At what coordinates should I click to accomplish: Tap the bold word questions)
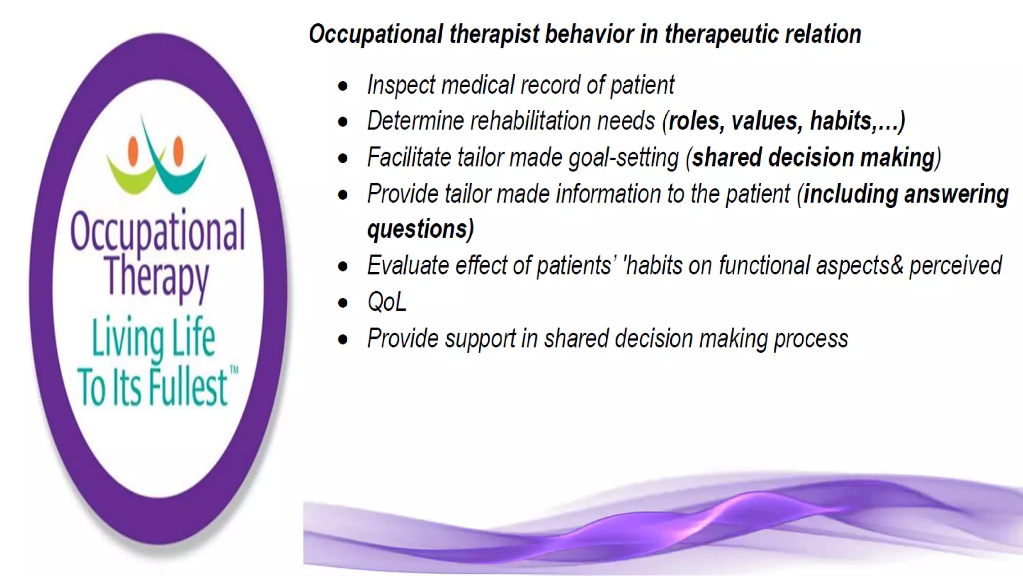pos(420,229)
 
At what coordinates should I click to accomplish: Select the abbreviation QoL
pos(387,302)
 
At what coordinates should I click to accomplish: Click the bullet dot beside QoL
pos(343,302)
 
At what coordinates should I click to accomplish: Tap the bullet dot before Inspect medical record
pos(343,86)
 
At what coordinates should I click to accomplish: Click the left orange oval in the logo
pos(133,151)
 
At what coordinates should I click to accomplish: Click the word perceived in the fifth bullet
pos(955,265)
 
